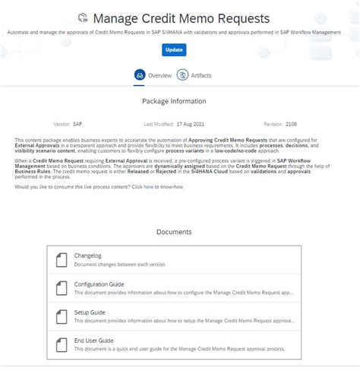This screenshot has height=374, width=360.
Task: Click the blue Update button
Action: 174,50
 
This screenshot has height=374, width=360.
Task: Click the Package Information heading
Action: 174,101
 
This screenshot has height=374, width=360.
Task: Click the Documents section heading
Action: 174,232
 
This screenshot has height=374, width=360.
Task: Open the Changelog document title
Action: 90,256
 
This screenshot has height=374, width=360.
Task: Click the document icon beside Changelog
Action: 61,260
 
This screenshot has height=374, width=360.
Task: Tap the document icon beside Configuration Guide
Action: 61,288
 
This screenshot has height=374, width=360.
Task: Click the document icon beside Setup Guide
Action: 61,316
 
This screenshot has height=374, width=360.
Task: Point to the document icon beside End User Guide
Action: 61,344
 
